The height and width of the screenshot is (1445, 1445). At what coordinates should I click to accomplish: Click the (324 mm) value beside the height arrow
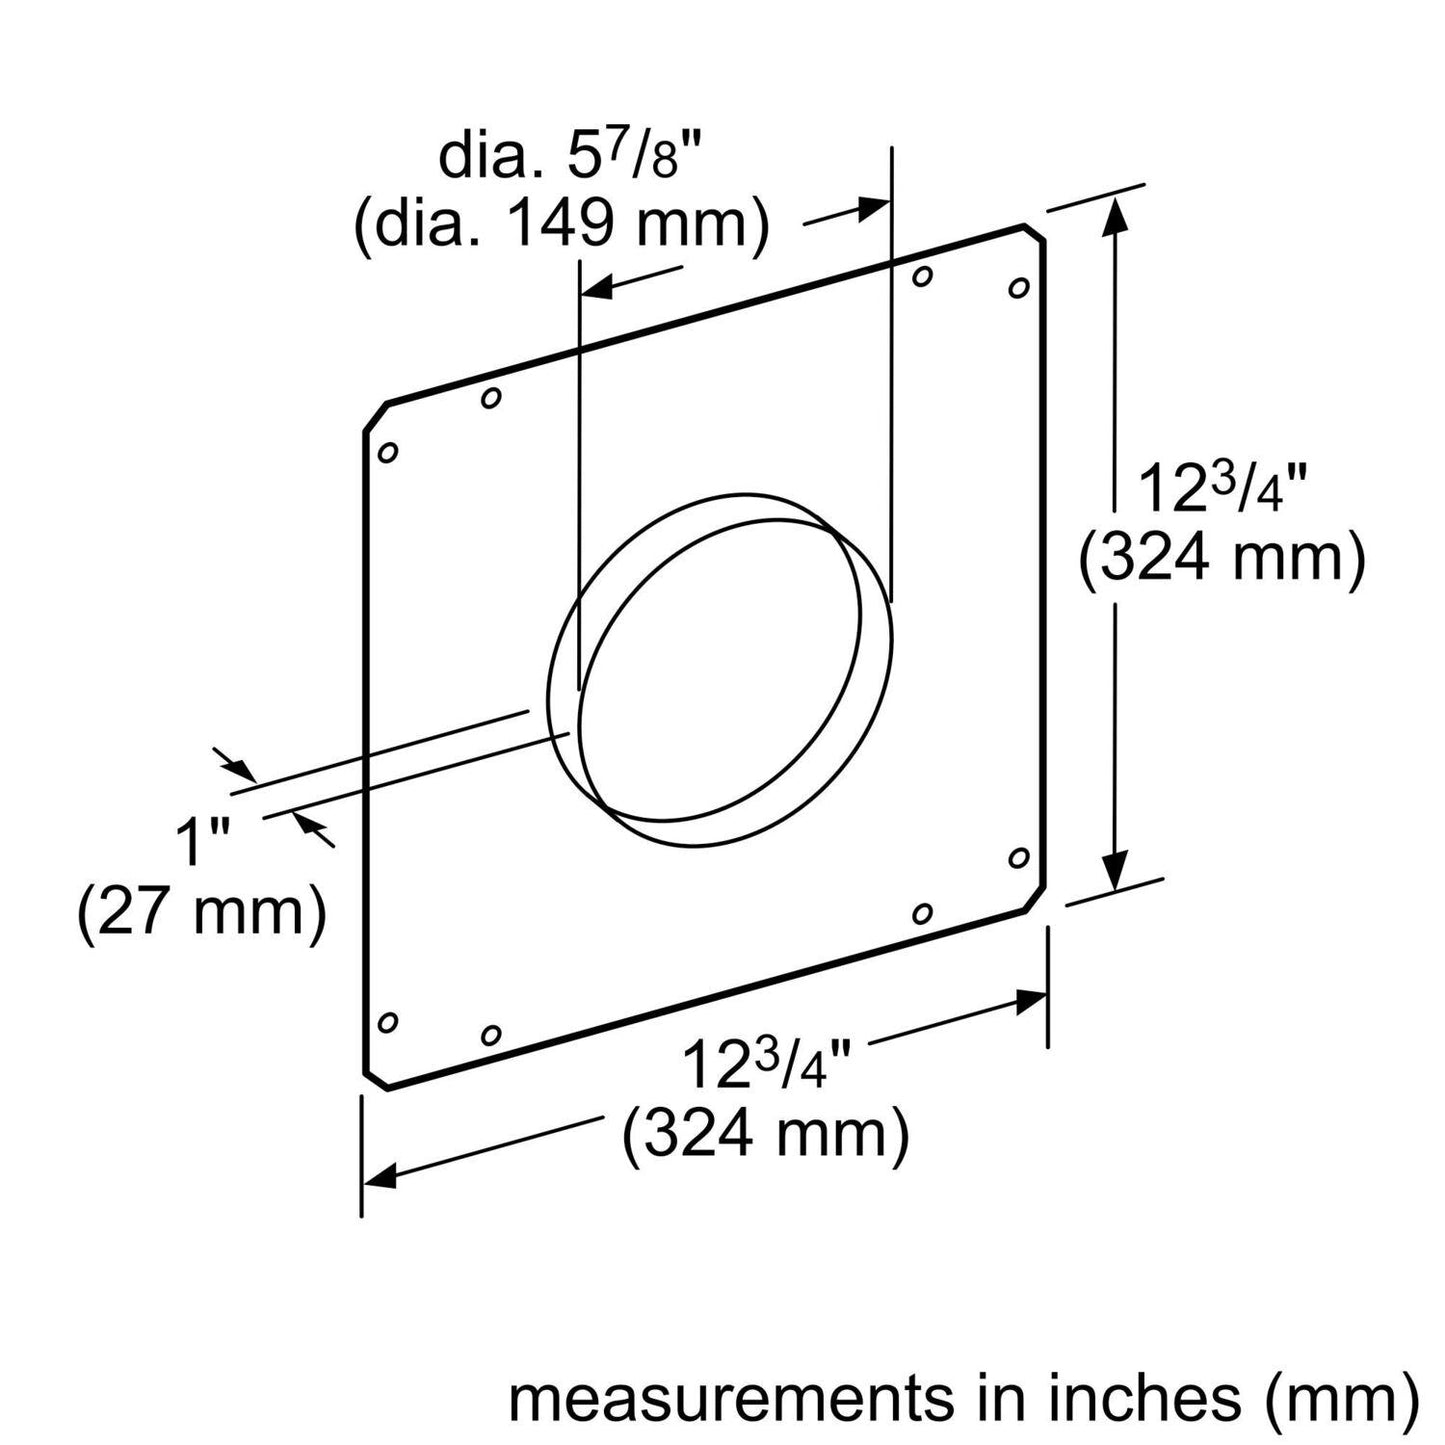[x=1221, y=560]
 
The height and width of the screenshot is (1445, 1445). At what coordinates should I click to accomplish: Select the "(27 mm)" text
[x=203, y=913]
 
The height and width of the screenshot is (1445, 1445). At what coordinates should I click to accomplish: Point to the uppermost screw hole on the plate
[x=923, y=275]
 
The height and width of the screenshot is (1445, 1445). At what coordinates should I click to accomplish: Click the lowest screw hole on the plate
[x=490, y=1034]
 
